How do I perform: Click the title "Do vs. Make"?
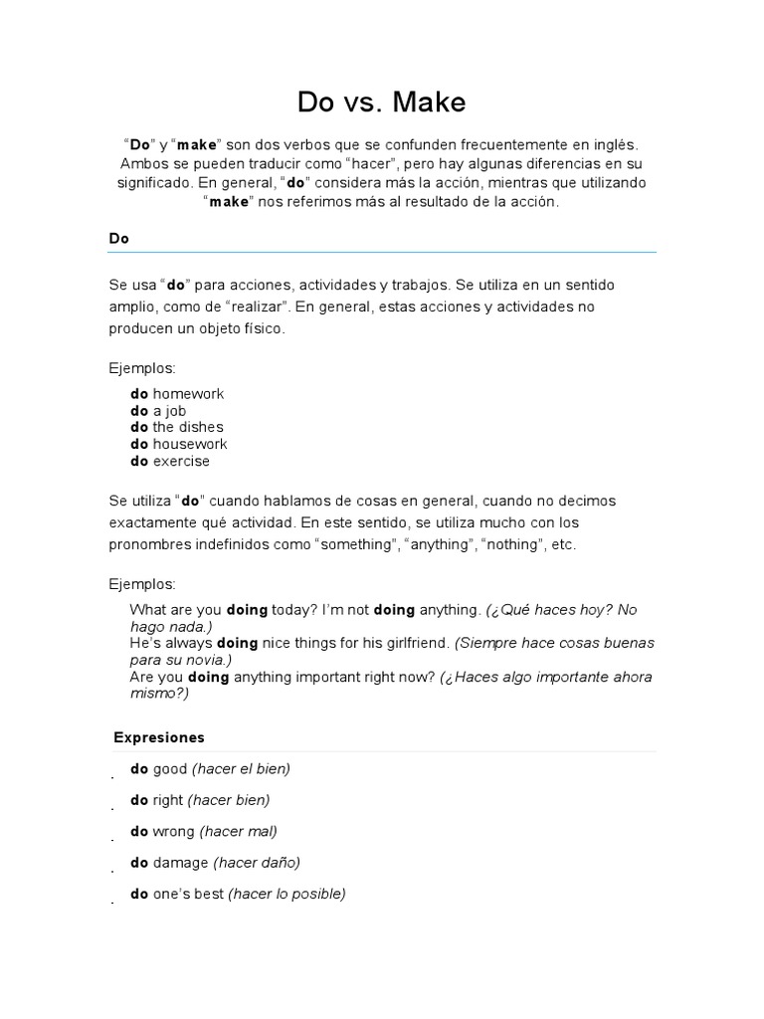[x=381, y=102]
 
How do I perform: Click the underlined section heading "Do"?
[x=119, y=239]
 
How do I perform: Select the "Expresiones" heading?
[x=158, y=737]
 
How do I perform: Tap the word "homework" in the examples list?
[x=188, y=393]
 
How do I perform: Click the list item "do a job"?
[x=158, y=410]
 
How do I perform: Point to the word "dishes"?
[x=202, y=427]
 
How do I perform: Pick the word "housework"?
[x=189, y=444]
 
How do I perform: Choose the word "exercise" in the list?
[x=181, y=461]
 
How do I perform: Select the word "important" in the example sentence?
[x=312, y=677]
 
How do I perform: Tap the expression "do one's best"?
[x=177, y=894]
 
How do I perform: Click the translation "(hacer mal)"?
[x=239, y=831]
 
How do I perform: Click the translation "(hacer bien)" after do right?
[x=229, y=799]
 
